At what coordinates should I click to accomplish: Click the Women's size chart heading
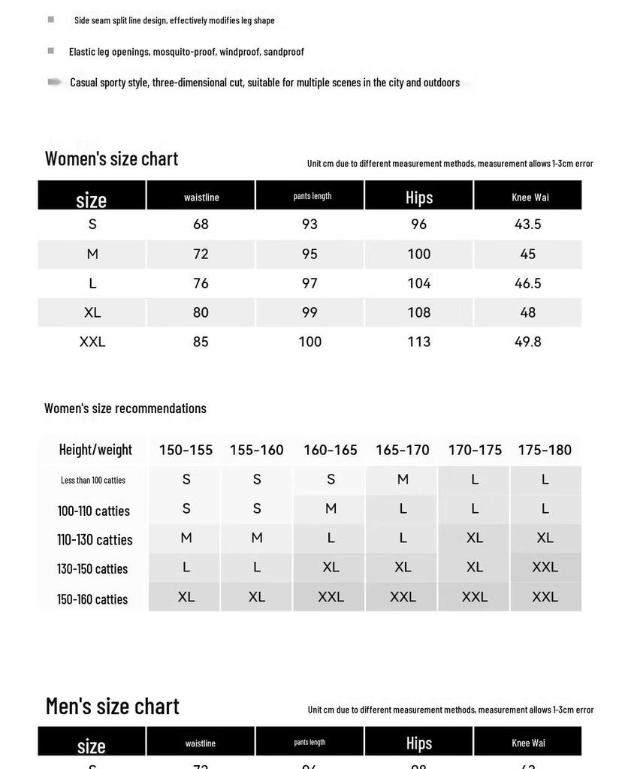click(111, 158)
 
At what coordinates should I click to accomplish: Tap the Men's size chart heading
click(113, 706)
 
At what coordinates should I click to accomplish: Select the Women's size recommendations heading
click(125, 409)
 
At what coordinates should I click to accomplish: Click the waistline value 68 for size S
click(201, 224)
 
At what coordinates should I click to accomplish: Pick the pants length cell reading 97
click(309, 283)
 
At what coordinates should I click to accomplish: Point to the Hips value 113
click(418, 342)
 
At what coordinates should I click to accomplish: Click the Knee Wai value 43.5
click(527, 224)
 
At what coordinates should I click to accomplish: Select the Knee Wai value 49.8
click(527, 342)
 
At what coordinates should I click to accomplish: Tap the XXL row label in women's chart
click(92, 342)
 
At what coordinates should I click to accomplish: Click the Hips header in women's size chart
click(418, 197)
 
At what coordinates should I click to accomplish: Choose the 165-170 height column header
click(403, 450)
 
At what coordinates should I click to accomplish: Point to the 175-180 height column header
click(545, 450)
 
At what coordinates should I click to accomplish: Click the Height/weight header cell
click(95, 450)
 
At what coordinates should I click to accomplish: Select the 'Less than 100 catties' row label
click(93, 480)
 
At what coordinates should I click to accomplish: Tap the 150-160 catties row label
click(92, 599)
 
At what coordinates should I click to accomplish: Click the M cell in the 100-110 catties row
click(331, 508)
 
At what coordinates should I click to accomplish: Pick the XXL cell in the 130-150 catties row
click(545, 567)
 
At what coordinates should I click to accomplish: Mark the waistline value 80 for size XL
click(201, 312)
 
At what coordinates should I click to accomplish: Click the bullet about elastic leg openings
click(186, 52)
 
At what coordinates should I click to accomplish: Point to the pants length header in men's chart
click(309, 742)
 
